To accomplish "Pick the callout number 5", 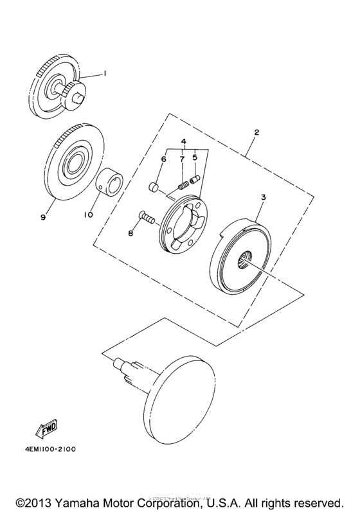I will pos(195,157).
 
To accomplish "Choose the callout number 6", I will pos(164,158).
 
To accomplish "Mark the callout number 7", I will pos(182,157).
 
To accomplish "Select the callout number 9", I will pos(43,218).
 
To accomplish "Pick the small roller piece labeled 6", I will pos(153,187).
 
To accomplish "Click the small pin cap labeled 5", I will pos(197,178).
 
